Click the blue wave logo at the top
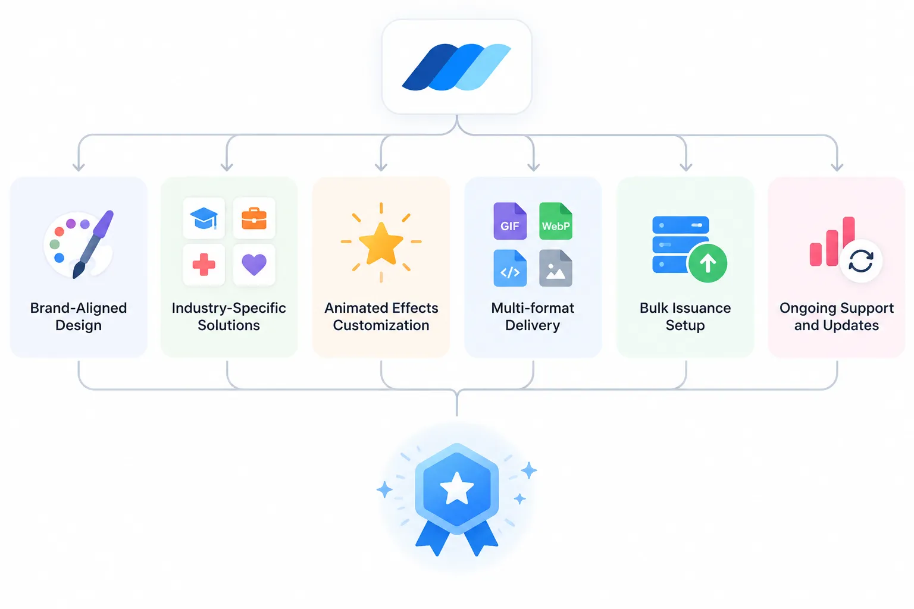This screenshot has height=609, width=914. pos(456,67)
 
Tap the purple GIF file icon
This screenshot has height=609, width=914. pos(510,221)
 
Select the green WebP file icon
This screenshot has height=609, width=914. pos(556,221)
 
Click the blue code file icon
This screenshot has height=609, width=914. pos(510,268)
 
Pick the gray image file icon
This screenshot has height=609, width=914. pos(556,268)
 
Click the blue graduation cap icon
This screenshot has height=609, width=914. pos(204,218)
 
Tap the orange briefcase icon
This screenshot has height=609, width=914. pos(254,218)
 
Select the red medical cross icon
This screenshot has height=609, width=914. pos(204,264)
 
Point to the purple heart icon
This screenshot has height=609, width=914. pos(254,265)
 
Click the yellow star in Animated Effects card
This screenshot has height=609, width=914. pos(381,244)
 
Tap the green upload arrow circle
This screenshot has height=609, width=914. pos(708,263)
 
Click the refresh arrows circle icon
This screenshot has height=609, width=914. pos(861,260)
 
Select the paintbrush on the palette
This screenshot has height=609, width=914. pos(93,244)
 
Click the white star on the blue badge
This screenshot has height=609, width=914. pos(457,488)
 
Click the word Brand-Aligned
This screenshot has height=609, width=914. pos(79,308)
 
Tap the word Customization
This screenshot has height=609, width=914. pos(381,325)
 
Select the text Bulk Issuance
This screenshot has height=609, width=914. pos(685,308)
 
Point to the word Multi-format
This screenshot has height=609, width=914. pos(533,308)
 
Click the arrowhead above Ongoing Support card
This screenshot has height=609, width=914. pos(837,167)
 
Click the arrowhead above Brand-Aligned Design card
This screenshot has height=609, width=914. pos(79,167)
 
